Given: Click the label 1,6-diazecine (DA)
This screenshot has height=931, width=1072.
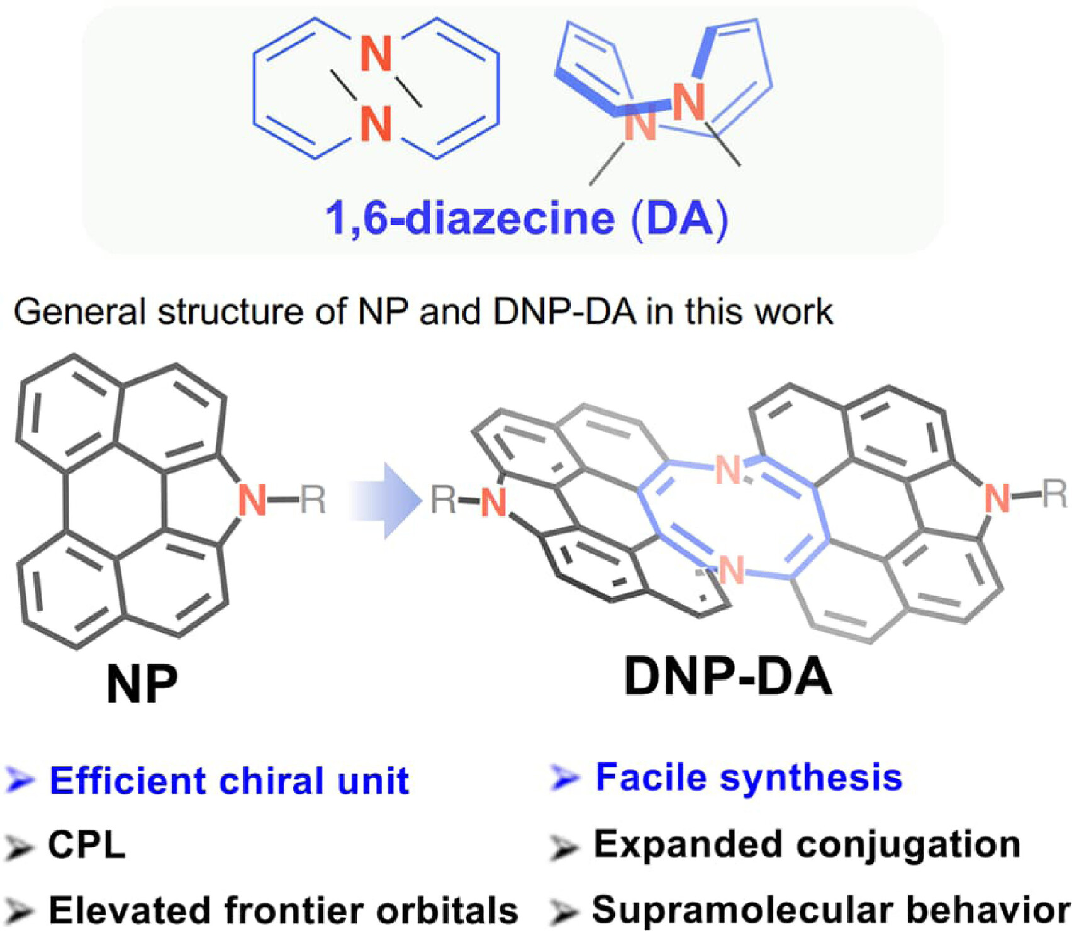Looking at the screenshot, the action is [527, 219].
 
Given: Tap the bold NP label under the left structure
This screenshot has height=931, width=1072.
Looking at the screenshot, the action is [142, 684].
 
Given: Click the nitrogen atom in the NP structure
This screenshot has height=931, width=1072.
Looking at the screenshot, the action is [252, 500].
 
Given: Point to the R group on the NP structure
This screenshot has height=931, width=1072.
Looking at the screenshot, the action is [313, 500].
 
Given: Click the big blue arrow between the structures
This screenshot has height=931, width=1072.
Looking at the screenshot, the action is [384, 501].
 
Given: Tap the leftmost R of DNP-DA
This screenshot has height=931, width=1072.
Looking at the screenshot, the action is [444, 501].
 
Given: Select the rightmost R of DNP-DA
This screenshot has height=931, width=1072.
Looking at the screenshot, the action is [1055, 493].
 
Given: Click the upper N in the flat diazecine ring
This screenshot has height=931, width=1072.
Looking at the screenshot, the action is [376, 54].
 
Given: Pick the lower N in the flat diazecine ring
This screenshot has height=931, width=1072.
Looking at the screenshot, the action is [376, 123].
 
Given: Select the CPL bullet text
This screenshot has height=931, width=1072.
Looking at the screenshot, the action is [87, 844].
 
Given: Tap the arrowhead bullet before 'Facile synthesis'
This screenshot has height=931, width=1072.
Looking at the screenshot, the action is [565, 778].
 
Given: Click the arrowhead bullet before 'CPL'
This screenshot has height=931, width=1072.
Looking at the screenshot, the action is [19, 846].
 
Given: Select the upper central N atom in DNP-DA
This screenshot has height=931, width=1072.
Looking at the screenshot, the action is [728, 469].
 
